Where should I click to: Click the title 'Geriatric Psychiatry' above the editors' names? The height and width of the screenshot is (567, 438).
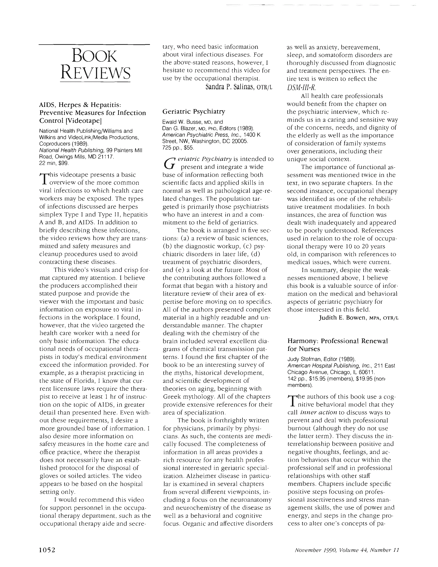pyautogui.click(x=194, y=112)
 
